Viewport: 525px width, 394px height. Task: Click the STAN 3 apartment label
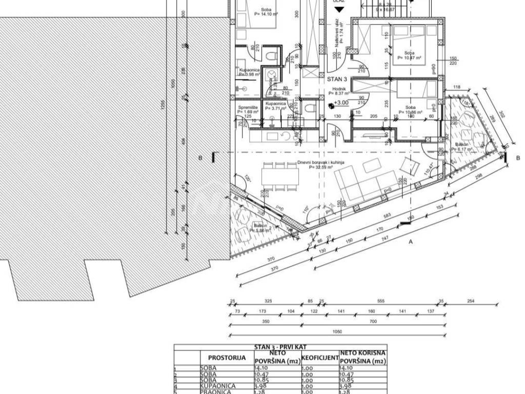(x=337, y=80)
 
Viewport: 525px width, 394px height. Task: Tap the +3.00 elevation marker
(x=340, y=103)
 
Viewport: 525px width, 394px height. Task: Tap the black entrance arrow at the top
(x=338, y=9)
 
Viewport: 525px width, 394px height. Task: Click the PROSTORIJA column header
(x=227, y=357)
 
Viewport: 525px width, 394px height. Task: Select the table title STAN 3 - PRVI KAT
(x=280, y=347)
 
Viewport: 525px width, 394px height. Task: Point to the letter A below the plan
(x=410, y=243)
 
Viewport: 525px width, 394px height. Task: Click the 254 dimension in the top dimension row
(x=470, y=301)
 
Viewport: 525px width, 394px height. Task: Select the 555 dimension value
(x=380, y=301)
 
